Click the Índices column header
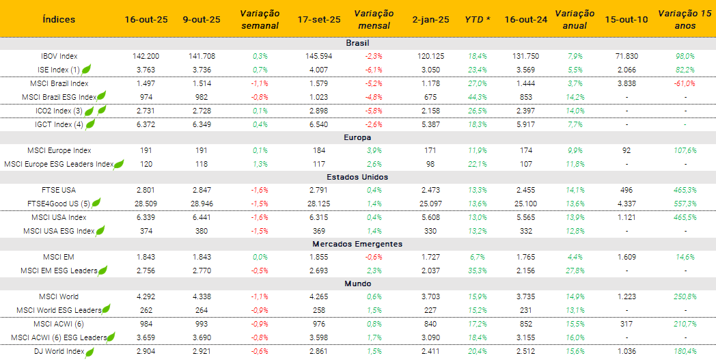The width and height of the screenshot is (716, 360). coord(59,19)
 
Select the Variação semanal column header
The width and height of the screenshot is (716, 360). coord(260,19)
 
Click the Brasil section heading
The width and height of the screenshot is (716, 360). coord(357,42)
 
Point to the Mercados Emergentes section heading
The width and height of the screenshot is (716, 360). coord(357,244)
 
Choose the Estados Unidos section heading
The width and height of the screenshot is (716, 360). coord(357,177)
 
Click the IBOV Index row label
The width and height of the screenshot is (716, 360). coord(59,56)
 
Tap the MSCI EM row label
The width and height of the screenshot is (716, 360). coord(59,257)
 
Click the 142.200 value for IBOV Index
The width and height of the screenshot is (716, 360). coord(146,56)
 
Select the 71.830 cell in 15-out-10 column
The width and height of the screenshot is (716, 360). coord(626,56)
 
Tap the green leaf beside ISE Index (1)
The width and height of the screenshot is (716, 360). coord(87,69)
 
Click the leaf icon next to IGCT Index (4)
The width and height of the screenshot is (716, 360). coord(89,124)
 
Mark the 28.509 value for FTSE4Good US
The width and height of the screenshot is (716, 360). coord(146,204)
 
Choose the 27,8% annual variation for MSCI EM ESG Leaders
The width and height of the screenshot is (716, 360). coord(575,271)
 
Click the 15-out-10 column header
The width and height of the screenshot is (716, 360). coord(626,19)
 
